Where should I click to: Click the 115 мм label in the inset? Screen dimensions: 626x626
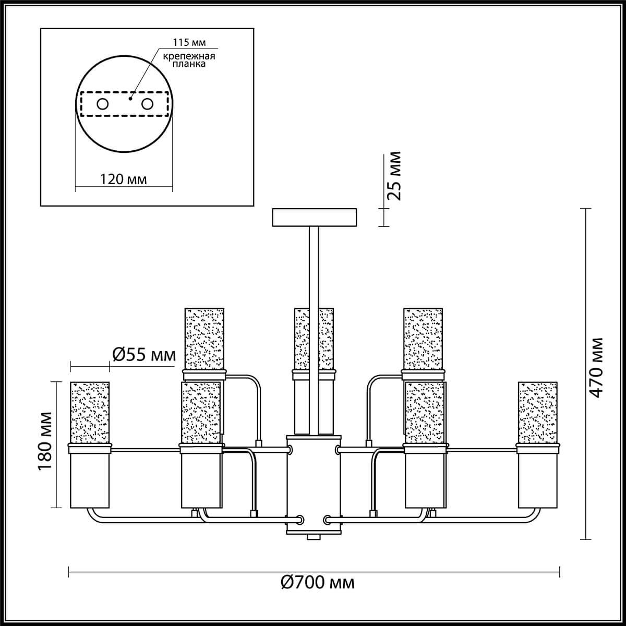click(x=189, y=43)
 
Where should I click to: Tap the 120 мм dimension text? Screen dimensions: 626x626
click(x=123, y=179)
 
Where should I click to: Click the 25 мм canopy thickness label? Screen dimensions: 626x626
click(x=394, y=176)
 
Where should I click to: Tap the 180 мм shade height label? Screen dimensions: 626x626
click(x=44, y=441)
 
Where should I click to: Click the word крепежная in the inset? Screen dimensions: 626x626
click(x=189, y=56)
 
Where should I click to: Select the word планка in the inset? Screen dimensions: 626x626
click(x=189, y=64)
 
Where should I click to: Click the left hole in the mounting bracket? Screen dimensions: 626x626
click(x=102, y=104)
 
